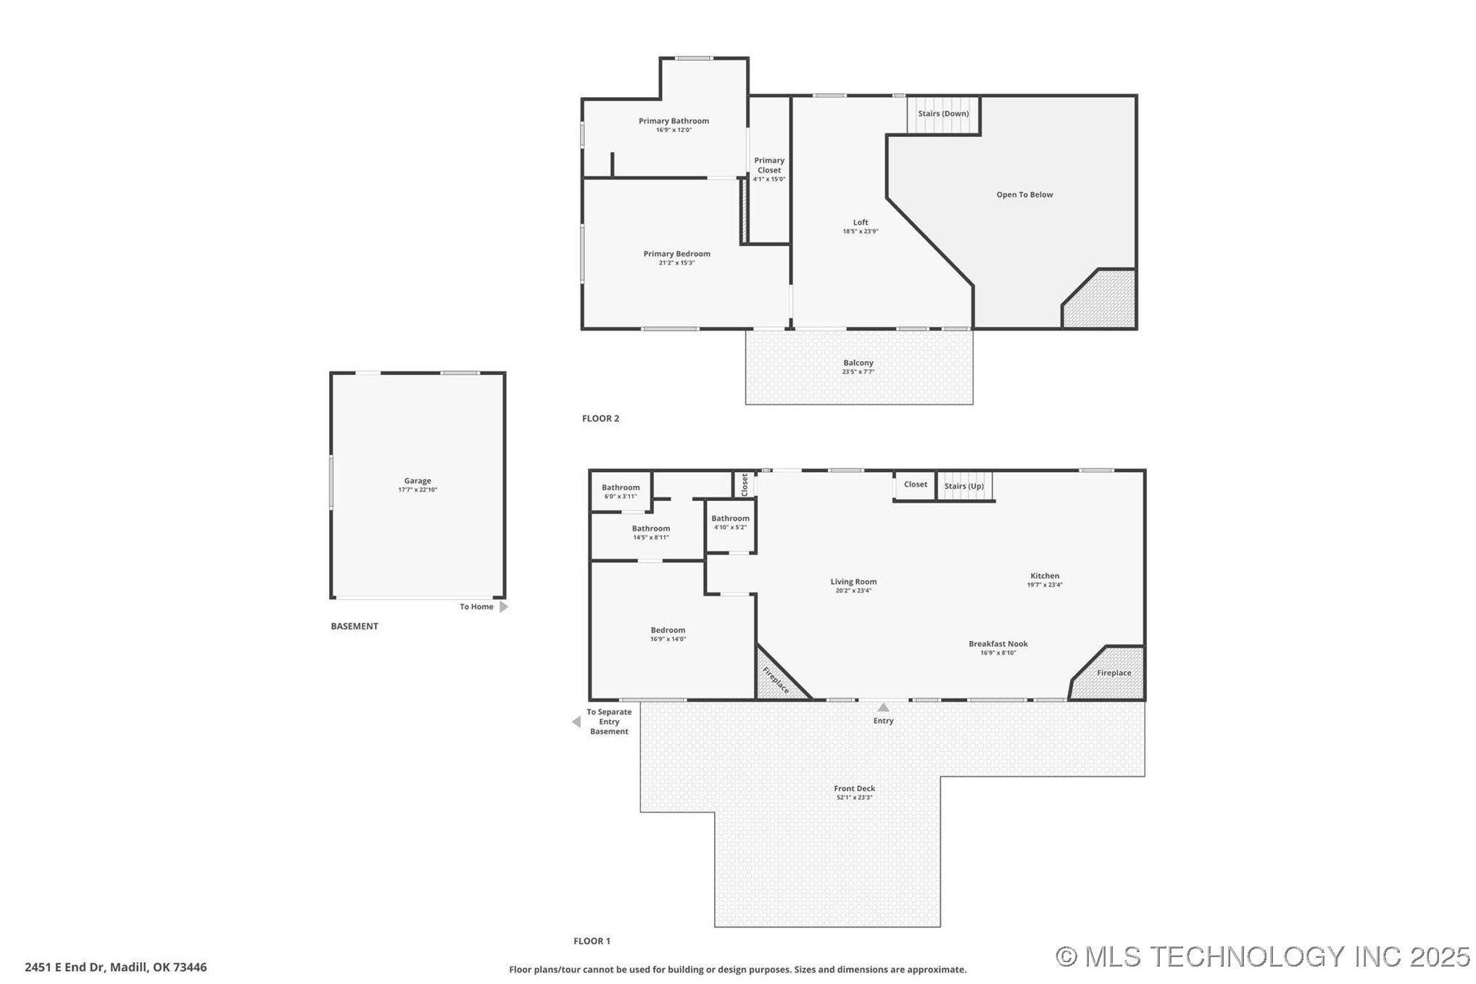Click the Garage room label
tap(418, 481)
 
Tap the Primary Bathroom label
tap(673, 121)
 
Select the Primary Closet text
tap(769, 165)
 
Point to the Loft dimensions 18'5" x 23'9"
tap(860, 231)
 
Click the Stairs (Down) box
tap(943, 115)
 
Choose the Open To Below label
tap(1024, 194)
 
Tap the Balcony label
tap(858, 363)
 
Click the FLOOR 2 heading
tap(600, 418)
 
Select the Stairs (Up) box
tap(963, 487)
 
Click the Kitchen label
tap(1045, 576)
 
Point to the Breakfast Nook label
tap(998, 644)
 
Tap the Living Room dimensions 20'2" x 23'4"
tap(853, 590)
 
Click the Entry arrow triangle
tap(883, 708)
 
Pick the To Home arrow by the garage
tap(504, 607)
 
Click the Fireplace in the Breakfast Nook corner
tap(1114, 673)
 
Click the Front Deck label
tap(854, 788)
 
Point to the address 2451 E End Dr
tap(115, 967)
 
